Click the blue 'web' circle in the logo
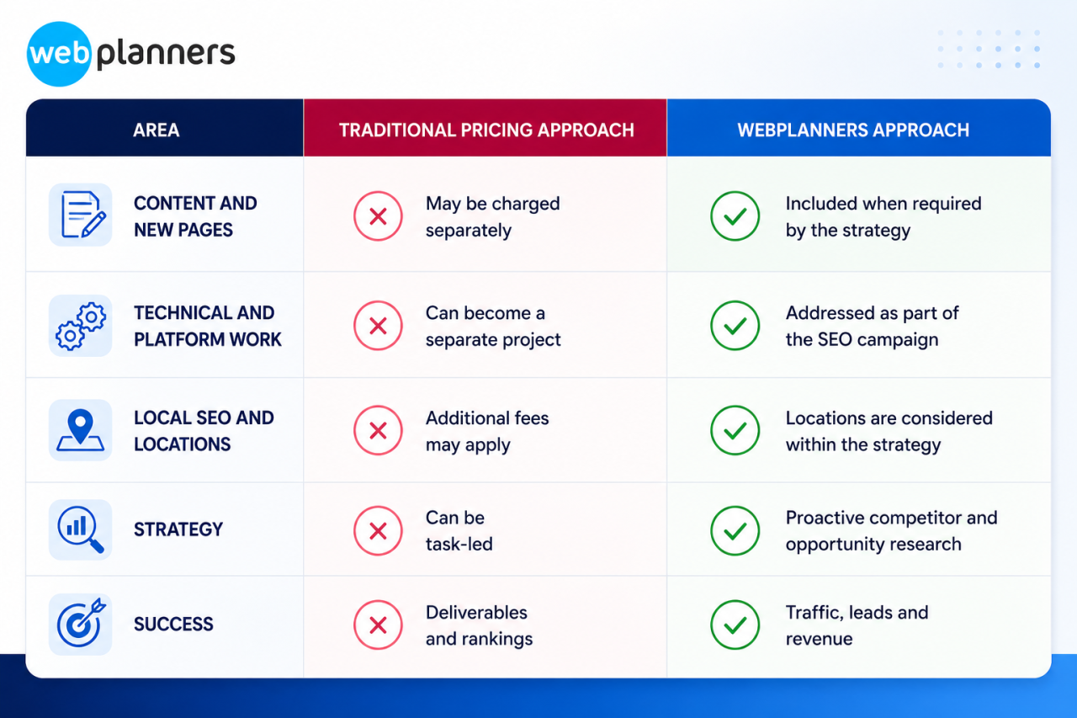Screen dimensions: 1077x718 click(59, 54)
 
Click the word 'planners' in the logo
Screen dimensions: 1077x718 click(166, 54)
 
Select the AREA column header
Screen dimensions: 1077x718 click(157, 130)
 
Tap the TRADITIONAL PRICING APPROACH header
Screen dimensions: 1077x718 click(486, 130)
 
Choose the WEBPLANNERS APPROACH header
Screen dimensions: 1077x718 click(853, 130)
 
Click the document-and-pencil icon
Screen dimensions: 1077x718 click(81, 215)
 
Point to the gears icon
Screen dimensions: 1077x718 click(81, 326)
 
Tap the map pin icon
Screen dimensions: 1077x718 click(81, 430)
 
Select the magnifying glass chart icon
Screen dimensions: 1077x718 click(81, 529)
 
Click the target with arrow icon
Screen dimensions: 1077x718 click(81, 624)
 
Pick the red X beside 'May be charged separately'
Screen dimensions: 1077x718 click(378, 216)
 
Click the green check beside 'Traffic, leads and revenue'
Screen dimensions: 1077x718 click(735, 625)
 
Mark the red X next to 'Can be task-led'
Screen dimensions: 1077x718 click(378, 530)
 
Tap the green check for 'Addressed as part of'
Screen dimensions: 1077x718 click(735, 326)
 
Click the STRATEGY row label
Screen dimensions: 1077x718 click(178, 529)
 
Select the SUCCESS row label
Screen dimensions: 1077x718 click(173, 625)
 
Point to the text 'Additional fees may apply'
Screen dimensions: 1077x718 click(487, 431)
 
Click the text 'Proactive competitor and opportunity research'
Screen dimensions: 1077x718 click(891, 531)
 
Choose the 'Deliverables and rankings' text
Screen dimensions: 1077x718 click(479, 625)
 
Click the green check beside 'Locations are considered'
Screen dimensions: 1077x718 click(735, 430)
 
